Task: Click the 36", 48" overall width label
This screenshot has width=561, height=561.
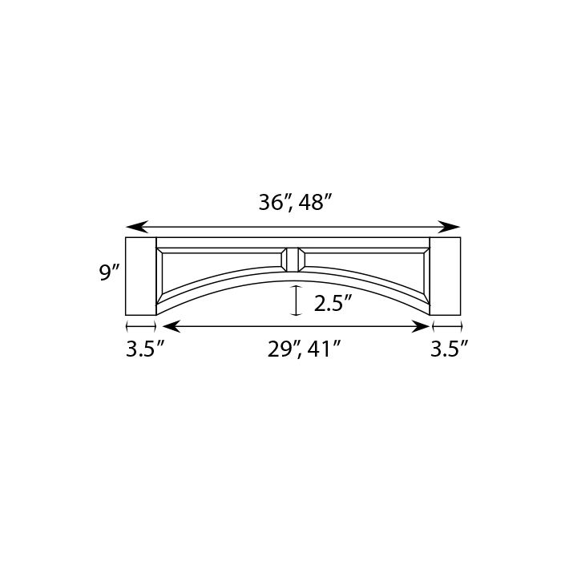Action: click(x=294, y=204)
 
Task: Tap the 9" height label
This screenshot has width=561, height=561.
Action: click(x=109, y=273)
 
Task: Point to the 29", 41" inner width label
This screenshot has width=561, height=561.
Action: click(x=305, y=349)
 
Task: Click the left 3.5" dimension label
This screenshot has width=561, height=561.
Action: click(x=145, y=349)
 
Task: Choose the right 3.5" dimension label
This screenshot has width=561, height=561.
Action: click(x=449, y=349)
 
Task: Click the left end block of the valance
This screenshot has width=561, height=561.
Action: click(x=140, y=276)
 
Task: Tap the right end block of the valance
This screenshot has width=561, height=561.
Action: click(x=446, y=276)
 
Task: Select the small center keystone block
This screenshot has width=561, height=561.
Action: click(x=293, y=259)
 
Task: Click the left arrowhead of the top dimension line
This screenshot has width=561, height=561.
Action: click(x=133, y=227)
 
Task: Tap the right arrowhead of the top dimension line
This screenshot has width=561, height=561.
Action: click(x=454, y=227)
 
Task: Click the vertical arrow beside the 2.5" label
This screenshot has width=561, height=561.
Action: click(x=297, y=301)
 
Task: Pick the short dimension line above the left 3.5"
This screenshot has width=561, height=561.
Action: click(x=140, y=326)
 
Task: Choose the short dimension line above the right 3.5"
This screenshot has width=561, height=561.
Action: click(x=446, y=326)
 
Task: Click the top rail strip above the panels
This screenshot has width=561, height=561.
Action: click(x=293, y=241)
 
